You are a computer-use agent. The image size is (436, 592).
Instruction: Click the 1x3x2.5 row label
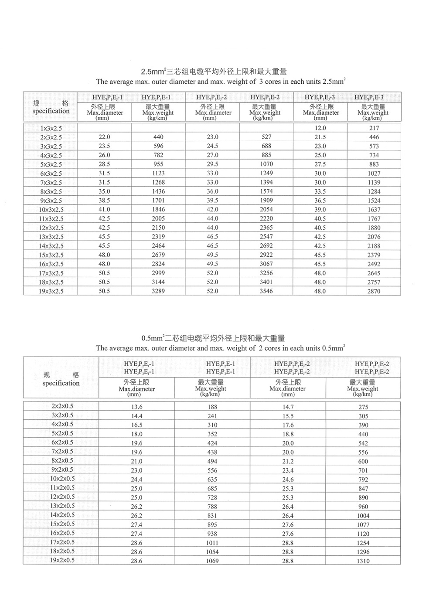tap(51, 128)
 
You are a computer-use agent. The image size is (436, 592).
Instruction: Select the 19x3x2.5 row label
tap(51, 291)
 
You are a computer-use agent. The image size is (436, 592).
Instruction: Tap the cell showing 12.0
tap(320, 128)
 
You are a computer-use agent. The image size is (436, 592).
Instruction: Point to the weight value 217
tap(374, 128)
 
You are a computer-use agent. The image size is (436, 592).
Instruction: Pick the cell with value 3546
tap(266, 291)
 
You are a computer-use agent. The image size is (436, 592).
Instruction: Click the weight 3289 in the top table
tap(158, 291)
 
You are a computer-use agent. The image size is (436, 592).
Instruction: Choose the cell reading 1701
tap(158, 201)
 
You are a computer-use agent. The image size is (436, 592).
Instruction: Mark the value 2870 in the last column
tap(374, 291)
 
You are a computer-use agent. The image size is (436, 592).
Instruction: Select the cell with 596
tap(158, 146)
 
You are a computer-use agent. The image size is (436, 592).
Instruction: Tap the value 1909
tap(266, 201)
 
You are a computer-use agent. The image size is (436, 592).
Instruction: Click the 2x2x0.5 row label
tap(62, 406)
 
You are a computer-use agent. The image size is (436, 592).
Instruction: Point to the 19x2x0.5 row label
tap(62, 560)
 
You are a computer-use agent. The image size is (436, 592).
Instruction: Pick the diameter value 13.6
tap(137, 407)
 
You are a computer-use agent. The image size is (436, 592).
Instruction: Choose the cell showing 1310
tap(363, 561)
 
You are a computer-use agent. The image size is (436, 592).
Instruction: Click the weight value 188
tap(212, 407)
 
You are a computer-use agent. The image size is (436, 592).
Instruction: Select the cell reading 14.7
tap(288, 407)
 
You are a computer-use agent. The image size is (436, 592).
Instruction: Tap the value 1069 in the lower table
tap(212, 561)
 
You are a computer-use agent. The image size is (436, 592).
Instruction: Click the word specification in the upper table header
tap(51, 111)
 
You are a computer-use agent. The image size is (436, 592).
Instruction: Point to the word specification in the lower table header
tap(61, 384)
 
